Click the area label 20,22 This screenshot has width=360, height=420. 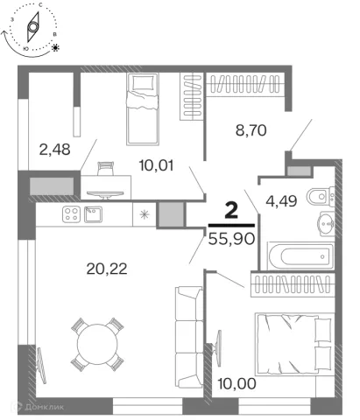pyautogui.click(x=107, y=269)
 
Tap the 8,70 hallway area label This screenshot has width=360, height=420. pyautogui.click(x=251, y=130)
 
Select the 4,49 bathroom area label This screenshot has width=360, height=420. pyautogui.click(x=281, y=201)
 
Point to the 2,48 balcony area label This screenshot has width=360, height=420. pyautogui.click(x=54, y=150)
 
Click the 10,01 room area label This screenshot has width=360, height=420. pyautogui.click(x=156, y=165)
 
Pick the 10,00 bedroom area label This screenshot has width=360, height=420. pyautogui.click(x=236, y=384)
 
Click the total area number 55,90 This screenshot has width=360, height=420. pyautogui.click(x=232, y=240)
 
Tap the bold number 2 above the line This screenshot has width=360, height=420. pyautogui.click(x=231, y=211)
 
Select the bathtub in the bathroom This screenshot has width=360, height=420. pyautogui.click(x=301, y=256)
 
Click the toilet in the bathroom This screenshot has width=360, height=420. pyautogui.click(x=321, y=197)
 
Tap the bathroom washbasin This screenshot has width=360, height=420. pyautogui.click(x=327, y=224)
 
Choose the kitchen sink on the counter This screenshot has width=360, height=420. pyautogui.click(x=93, y=214)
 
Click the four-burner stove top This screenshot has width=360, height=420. pyautogui.click(x=71, y=214)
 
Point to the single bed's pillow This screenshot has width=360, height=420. pyautogui.click(x=143, y=82)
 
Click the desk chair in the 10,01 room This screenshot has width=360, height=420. pyautogui.click(x=105, y=169)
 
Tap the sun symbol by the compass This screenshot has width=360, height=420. pyautogui.click(x=55, y=47)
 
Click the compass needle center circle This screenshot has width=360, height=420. pyautogui.click(x=32, y=27)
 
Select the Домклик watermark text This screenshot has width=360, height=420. pyautogui.click(x=44, y=407)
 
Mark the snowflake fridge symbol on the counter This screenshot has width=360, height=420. pyautogui.click(x=145, y=214)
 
